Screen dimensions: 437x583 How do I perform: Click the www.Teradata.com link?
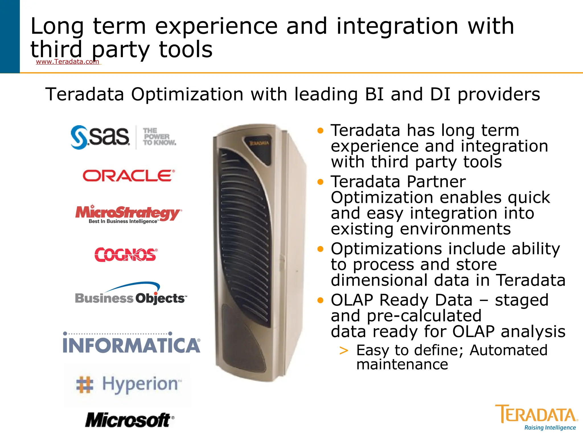tap(67, 62)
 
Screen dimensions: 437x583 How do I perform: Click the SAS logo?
tap(100, 137)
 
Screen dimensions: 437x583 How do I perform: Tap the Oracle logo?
tap(129, 176)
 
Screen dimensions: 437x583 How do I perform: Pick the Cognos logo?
tap(126, 254)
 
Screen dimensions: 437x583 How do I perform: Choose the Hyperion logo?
tap(128, 384)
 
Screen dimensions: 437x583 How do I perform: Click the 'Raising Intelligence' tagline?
tap(550, 428)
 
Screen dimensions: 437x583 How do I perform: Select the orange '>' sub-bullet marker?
tap(344, 351)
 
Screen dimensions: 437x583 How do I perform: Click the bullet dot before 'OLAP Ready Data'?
tap(321, 300)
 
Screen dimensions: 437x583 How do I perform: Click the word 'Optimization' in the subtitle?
tap(187, 94)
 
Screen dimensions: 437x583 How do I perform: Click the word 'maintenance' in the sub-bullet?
tap(402, 364)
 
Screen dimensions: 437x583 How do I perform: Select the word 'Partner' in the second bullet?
tap(436, 182)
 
